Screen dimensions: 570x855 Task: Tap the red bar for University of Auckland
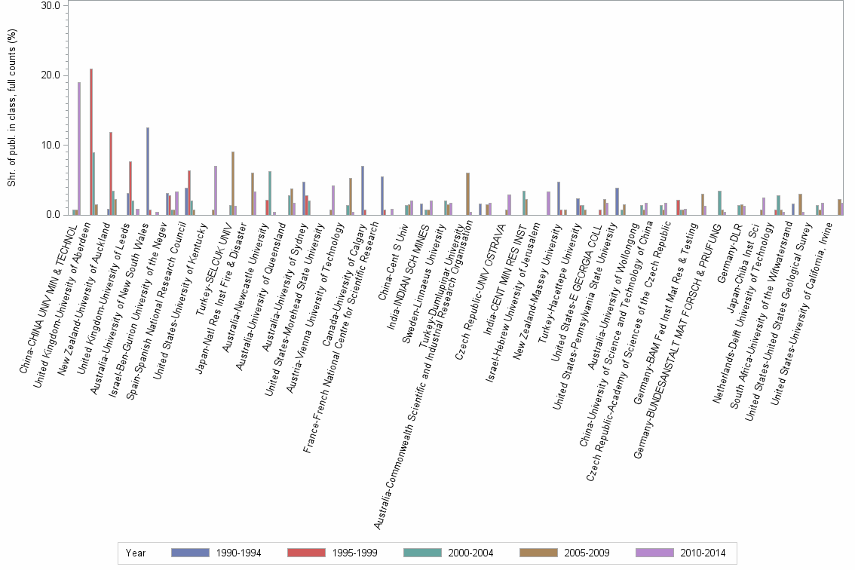[x=111, y=173]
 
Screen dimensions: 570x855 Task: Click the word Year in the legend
[x=136, y=553]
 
